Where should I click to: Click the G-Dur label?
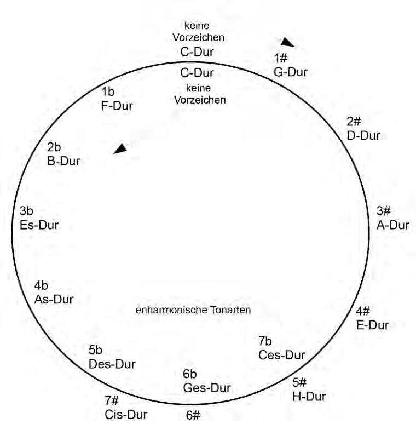(291, 72)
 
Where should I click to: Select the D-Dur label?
(363, 135)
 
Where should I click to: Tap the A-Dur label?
(392, 225)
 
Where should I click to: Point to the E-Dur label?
(372, 325)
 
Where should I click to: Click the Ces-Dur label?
(281, 354)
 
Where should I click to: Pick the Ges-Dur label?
(207, 388)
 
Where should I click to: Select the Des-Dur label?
(112, 364)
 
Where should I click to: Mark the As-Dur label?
(54, 299)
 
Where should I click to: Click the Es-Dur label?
(39, 225)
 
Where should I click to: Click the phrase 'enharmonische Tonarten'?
(193, 310)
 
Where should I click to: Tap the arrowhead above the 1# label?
(287, 42)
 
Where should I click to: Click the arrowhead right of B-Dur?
(120, 148)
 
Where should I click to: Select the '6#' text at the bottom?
(192, 415)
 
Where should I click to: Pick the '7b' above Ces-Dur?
(265, 341)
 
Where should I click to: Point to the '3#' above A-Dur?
(384, 211)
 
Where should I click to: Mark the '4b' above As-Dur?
(41, 285)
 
